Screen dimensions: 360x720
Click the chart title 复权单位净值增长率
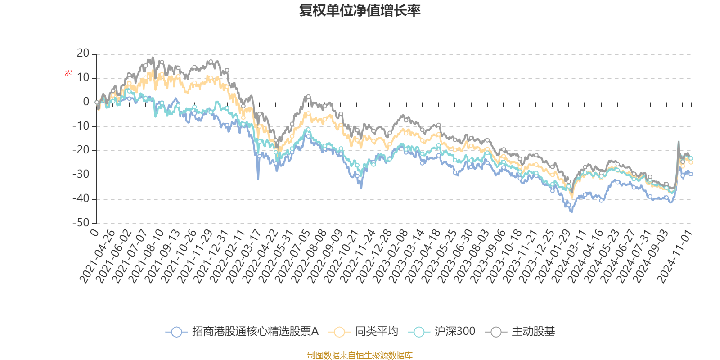(x=360, y=10)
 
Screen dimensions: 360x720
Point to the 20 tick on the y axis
(x=83, y=54)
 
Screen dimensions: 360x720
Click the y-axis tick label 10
(x=83, y=78)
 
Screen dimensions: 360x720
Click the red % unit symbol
(x=68, y=73)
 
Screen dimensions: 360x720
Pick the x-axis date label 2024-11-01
(x=675, y=256)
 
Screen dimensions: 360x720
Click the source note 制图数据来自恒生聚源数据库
(x=360, y=355)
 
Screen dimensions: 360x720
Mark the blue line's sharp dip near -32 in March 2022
(x=258, y=180)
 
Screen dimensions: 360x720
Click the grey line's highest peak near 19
(x=153, y=57)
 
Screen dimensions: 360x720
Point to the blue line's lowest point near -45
(x=572, y=211)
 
